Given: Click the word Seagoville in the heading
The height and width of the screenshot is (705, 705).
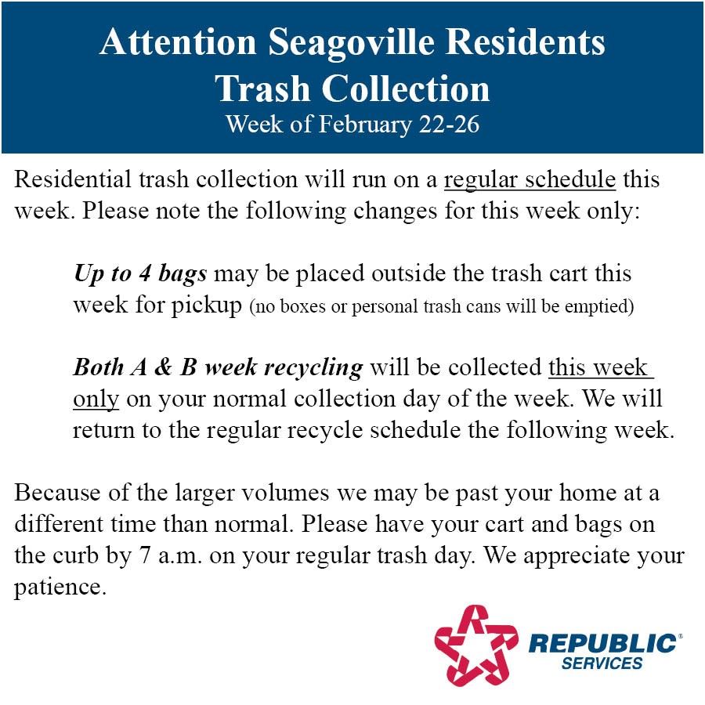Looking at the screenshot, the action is (x=352, y=43).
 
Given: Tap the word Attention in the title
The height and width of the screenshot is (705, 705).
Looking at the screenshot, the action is (x=178, y=42).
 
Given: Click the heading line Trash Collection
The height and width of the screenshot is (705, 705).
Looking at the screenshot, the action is (x=352, y=89).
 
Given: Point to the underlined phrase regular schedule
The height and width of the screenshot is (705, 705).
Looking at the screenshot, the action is (x=530, y=179).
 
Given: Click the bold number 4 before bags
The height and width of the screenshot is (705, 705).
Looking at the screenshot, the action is (x=145, y=273).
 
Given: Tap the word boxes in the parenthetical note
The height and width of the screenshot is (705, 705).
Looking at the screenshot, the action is (x=302, y=305).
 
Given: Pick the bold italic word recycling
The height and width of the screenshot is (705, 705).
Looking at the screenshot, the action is (x=313, y=369).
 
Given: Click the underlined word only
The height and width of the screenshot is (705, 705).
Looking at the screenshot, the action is (x=96, y=399).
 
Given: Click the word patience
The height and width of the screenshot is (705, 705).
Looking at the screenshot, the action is (x=60, y=587).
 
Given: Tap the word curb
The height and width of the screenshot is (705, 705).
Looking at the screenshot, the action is (x=75, y=555).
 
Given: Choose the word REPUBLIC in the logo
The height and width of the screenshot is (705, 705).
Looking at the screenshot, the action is (x=602, y=643).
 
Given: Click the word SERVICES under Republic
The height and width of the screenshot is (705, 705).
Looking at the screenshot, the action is (x=602, y=663).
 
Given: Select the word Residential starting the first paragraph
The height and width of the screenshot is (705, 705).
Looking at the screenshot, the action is (x=72, y=179).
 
